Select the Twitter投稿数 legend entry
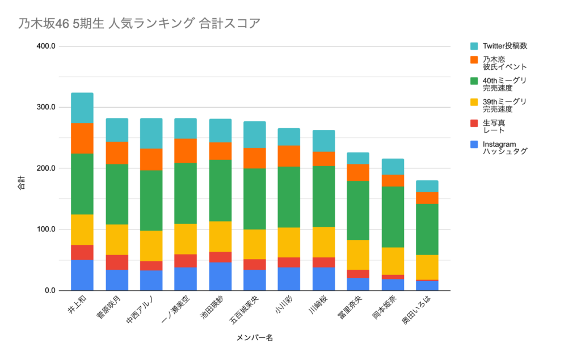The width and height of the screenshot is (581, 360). (x=508, y=46)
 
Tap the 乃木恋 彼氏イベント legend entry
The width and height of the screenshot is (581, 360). (x=504, y=62)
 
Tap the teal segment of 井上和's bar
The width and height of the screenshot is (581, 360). (x=82, y=108)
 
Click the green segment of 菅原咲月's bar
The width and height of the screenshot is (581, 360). (x=117, y=194)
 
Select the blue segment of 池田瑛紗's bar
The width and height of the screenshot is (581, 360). (x=221, y=276)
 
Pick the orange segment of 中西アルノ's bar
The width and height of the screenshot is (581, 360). (x=151, y=159)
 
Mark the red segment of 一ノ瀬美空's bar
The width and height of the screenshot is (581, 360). (x=186, y=260)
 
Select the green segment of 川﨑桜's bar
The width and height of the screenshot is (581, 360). (x=324, y=196)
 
